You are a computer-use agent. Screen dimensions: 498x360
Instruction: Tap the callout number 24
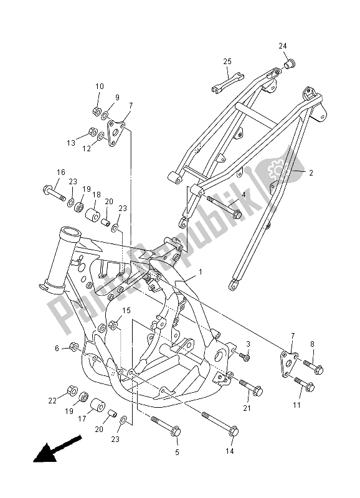(x=283, y=46)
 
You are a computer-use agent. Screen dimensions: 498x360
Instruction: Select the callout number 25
(x=227, y=61)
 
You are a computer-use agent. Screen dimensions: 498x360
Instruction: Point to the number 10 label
(x=100, y=86)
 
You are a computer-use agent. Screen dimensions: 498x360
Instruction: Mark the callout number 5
(x=176, y=451)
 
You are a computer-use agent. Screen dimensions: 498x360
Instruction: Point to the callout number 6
(x=57, y=348)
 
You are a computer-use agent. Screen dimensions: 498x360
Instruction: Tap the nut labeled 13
(x=92, y=132)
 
